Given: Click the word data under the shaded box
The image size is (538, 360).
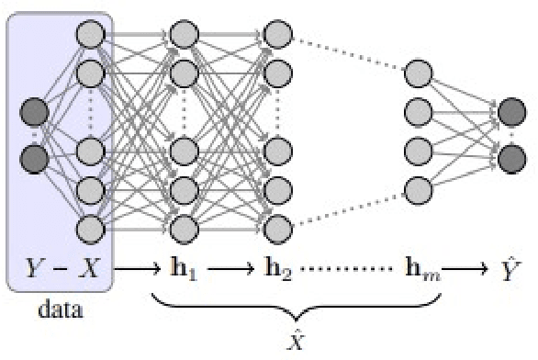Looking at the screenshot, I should tap(61, 309).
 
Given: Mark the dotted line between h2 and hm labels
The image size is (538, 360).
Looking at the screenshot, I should tap(346, 270).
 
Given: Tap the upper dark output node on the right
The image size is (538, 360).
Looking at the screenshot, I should tap(510, 114).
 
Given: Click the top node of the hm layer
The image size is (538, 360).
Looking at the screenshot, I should tap(418, 73).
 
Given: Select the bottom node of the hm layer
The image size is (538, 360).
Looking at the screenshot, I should tap(418, 190).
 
